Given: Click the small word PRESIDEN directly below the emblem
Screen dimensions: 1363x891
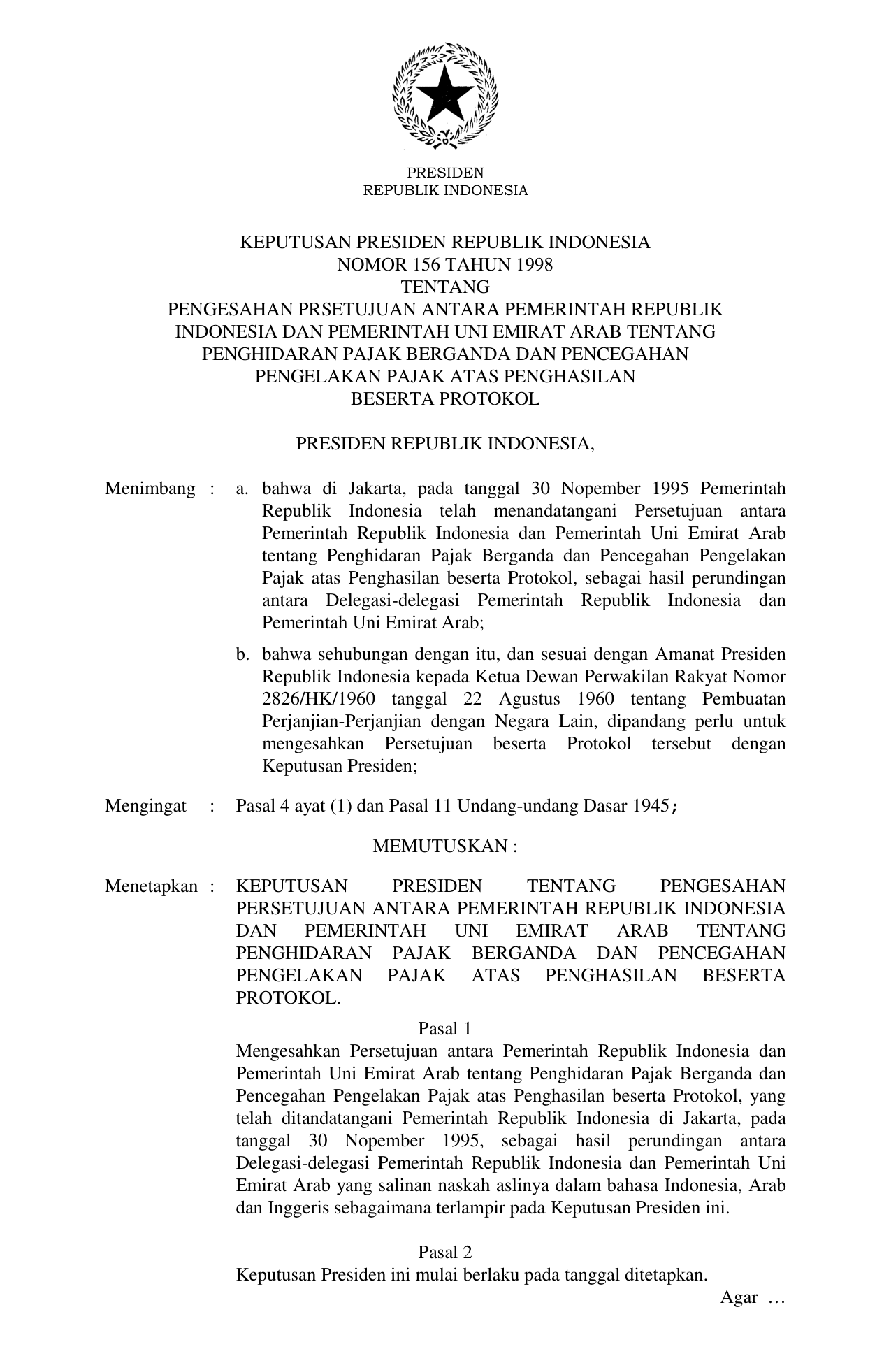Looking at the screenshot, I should point(445,173).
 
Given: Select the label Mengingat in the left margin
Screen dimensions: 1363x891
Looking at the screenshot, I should point(145,806).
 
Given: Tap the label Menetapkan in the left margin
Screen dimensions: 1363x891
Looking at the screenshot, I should point(152,886).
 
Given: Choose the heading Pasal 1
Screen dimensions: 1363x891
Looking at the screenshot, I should point(445,1028).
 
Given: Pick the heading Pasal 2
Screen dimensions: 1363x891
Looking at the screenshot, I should point(445,1252).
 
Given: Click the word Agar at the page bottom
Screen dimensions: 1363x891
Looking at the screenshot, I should point(739,1297).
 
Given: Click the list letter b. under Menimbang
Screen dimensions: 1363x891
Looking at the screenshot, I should point(242,654).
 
